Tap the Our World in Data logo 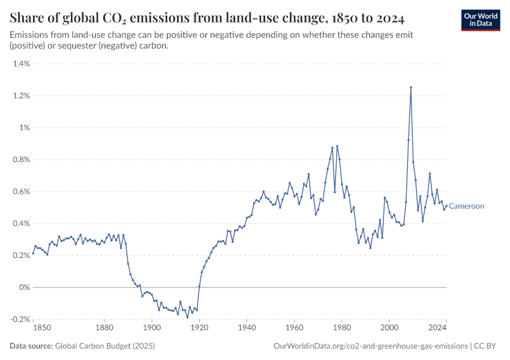click(x=481, y=20)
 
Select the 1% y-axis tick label click(x=23, y=128)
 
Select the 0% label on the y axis click(x=23, y=287)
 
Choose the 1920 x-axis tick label click(x=199, y=328)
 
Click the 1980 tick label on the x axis click(x=342, y=328)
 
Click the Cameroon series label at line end click(x=466, y=206)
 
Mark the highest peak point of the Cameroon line click(x=411, y=87)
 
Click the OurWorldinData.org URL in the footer click(x=370, y=346)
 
